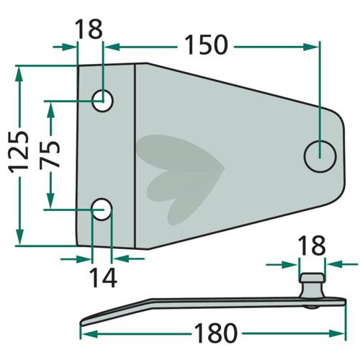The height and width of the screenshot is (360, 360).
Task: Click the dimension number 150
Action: [207, 45]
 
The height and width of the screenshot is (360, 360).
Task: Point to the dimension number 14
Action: [103, 278]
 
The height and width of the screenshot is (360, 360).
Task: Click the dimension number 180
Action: [215, 333]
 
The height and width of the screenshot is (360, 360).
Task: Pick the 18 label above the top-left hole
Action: [89, 29]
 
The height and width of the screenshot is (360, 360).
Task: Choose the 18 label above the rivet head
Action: [312, 246]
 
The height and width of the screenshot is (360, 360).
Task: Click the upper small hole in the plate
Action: [102, 101]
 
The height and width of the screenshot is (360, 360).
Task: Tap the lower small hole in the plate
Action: [102, 210]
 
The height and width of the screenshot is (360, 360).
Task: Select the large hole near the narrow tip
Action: [320, 156]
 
